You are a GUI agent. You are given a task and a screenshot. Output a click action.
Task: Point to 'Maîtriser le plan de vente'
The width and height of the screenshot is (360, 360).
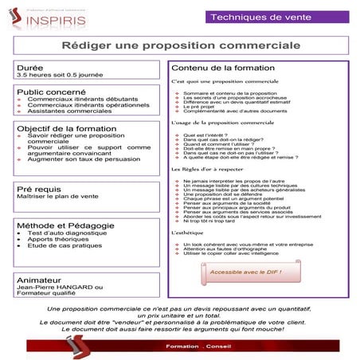click(x=57, y=197)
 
